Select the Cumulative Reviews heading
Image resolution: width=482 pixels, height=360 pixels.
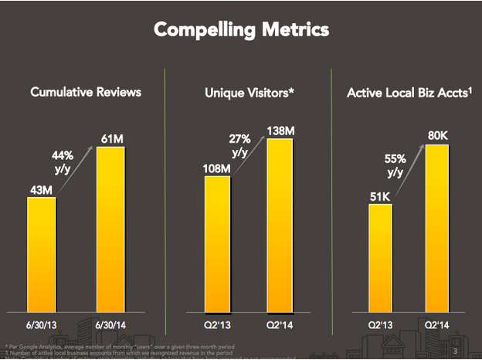[x=86, y=93]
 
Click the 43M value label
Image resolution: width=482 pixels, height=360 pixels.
[x=41, y=188]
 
